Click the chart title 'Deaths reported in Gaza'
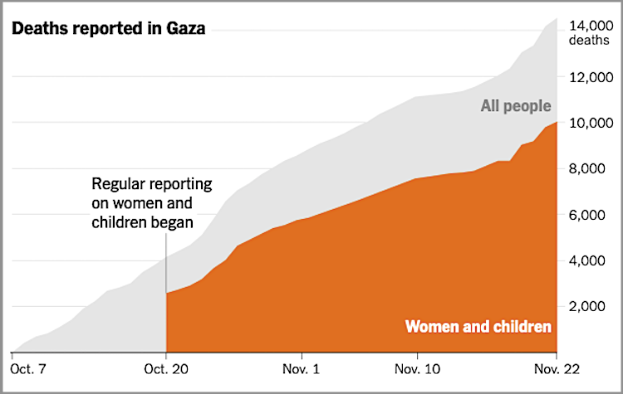point(108,30)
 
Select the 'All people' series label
point(515,105)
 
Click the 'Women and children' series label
point(478,327)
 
